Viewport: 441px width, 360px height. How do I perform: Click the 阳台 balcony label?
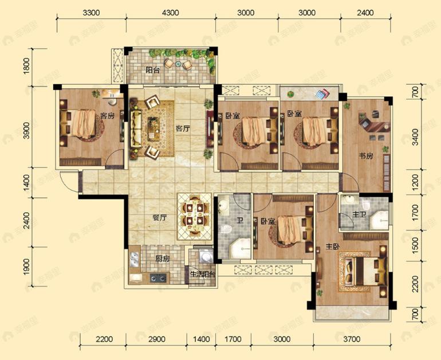(152, 71)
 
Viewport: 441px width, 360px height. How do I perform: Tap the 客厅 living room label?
(183, 129)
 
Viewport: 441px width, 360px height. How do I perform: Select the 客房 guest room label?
(107, 116)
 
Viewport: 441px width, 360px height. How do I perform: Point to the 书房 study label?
(367, 156)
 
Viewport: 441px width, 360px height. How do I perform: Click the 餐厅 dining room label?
(160, 218)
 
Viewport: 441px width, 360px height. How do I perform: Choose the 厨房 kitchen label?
(163, 259)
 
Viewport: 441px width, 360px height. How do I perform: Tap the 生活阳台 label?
(202, 275)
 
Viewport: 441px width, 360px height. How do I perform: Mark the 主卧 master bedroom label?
(333, 247)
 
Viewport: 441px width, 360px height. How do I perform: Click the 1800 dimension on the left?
(26, 68)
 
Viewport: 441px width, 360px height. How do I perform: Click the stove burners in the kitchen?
(157, 279)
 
